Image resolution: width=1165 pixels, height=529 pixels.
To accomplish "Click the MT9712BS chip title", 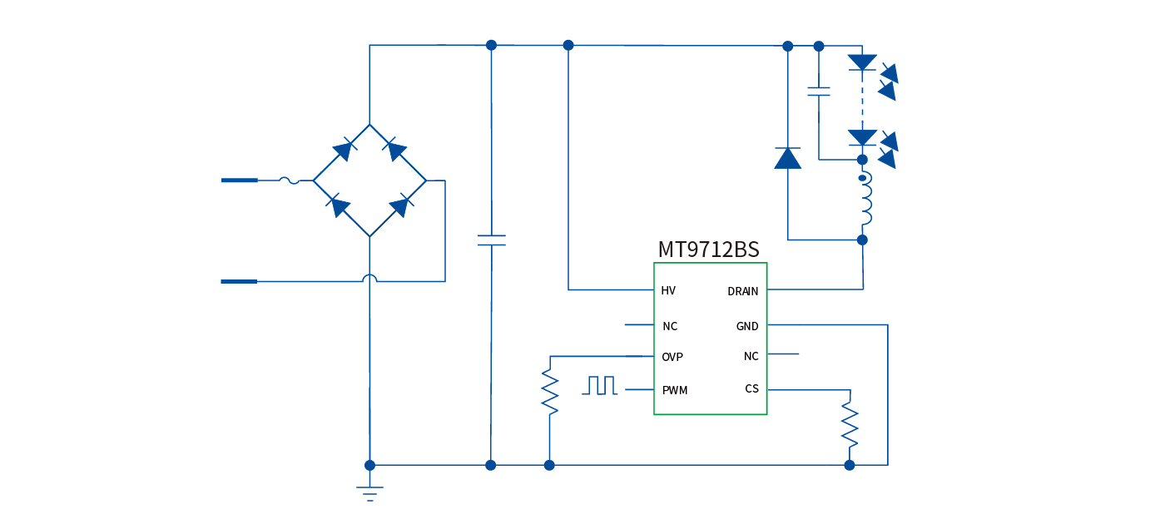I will [708, 250].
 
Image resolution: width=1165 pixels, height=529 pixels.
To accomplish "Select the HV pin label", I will [668, 290].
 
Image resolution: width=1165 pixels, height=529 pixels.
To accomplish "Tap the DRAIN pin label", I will [742, 291].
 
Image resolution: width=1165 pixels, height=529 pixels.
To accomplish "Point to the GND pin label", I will [747, 326].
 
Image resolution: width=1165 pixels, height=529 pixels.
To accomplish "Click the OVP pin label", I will [672, 357].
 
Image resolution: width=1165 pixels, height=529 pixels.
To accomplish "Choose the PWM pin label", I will [675, 390].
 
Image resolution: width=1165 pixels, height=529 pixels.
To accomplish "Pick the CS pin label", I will [751, 388].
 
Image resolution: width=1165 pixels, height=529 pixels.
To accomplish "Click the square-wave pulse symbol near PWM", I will [601, 385].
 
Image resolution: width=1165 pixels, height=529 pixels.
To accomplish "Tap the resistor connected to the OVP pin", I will [549, 392].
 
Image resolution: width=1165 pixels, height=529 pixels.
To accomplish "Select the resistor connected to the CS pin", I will [850, 424].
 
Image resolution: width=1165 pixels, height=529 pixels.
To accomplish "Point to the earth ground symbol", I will [369, 492].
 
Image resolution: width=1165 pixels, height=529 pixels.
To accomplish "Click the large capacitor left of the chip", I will [491, 240].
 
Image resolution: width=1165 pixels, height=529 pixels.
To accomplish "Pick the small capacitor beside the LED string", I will [819, 91].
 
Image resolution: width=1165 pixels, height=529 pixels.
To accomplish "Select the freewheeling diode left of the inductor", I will [787, 158].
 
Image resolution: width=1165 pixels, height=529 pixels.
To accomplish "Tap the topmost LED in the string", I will [862, 62].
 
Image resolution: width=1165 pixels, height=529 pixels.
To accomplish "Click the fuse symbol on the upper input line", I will [289, 180].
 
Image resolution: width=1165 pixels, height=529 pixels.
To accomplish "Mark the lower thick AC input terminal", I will [239, 281].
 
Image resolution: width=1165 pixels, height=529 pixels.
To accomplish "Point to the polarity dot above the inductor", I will [862, 177].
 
